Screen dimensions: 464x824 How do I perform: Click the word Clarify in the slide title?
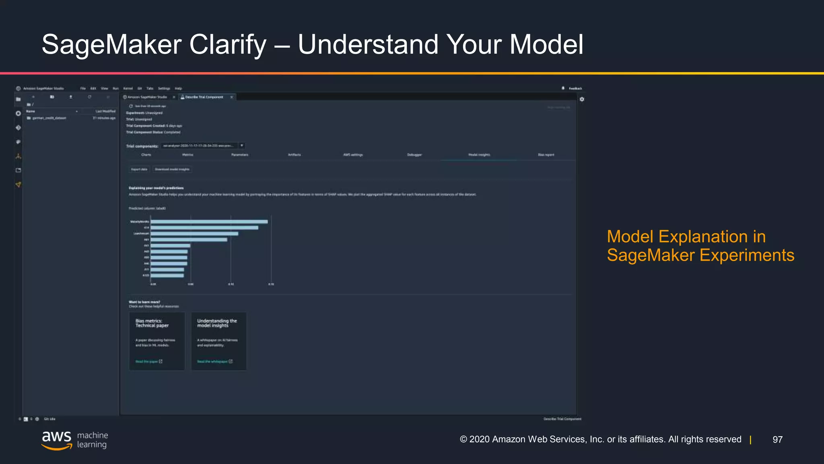pyautogui.click(x=228, y=44)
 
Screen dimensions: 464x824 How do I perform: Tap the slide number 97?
pyautogui.click(x=777, y=439)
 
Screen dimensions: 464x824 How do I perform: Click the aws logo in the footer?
pyautogui.click(x=56, y=439)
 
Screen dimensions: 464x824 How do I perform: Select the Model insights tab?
pyautogui.click(x=479, y=155)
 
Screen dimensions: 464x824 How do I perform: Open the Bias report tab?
pyautogui.click(x=546, y=155)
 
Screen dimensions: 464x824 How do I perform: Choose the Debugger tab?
pyautogui.click(x=414, y=155)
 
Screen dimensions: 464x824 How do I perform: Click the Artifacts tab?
pyautogui.click(x=294, y=155)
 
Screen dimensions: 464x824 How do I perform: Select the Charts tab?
pyautogui.click(x=146, y=155)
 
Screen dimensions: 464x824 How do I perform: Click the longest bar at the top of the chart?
pyautogui.click(x=209, y=222)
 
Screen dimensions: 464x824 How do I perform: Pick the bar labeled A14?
pyautogui.click(x=204, y=228)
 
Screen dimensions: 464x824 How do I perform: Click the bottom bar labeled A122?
pyautogui.click(x=167, y=275)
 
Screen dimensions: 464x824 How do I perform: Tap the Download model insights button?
pyautogui.click(x=172, y=169)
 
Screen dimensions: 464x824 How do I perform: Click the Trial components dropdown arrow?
pyautogui.click(x=242, y=145)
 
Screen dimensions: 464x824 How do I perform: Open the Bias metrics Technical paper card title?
pyautogui.click(x=152, y=323)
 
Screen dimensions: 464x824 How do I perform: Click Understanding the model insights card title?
pyautogui.click(x=216, y=323)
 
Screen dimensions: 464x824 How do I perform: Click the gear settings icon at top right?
pyautogui.click(x=582, y=99)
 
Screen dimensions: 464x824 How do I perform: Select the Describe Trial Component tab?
pyautogui.click(x=204, y=97)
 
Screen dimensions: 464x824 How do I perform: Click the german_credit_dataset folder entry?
pyautogui.click(x=49, y=118)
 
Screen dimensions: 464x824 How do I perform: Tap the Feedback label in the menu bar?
pyautogui.click(x=575, y=88)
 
